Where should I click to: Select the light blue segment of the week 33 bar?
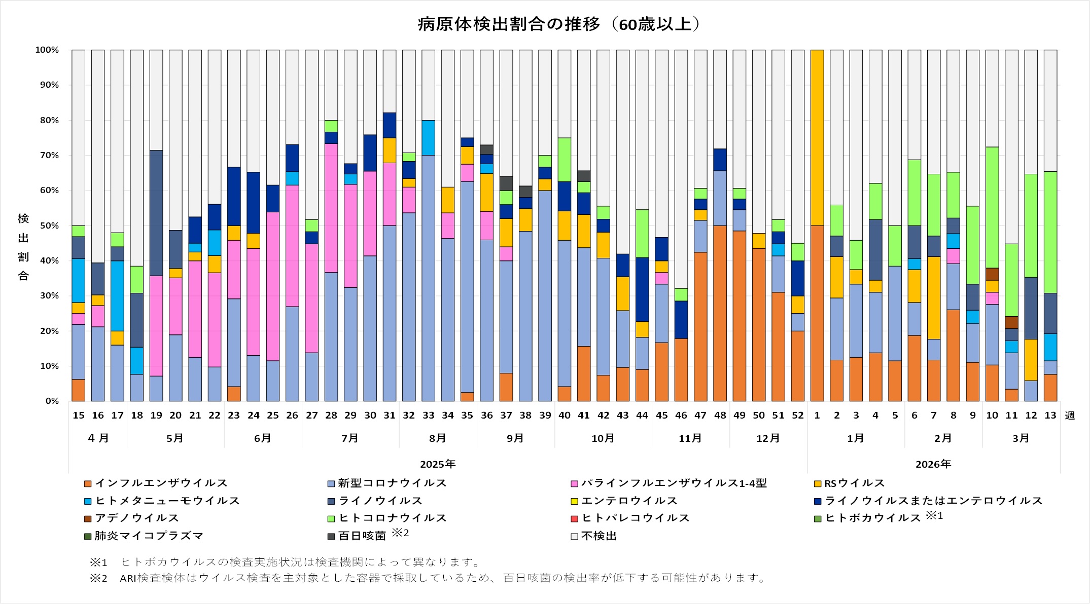point(429,138)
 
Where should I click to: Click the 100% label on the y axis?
point(47,50)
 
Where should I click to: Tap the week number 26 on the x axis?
point(292,416)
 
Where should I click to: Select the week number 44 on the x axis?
point(642,416)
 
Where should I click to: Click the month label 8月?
point(437,438)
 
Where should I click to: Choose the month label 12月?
point(768,438)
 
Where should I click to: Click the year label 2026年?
point(933,464)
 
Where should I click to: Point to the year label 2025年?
point(438,464)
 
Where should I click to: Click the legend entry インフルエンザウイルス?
point(161,483)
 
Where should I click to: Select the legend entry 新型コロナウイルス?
point(392,483)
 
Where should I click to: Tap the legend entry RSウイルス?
point(854,483)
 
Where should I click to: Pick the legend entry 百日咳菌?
point(362,536)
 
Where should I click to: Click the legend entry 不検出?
point(599,536)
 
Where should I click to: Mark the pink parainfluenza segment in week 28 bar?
point(331,208)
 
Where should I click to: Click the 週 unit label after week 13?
point(1070,416)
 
